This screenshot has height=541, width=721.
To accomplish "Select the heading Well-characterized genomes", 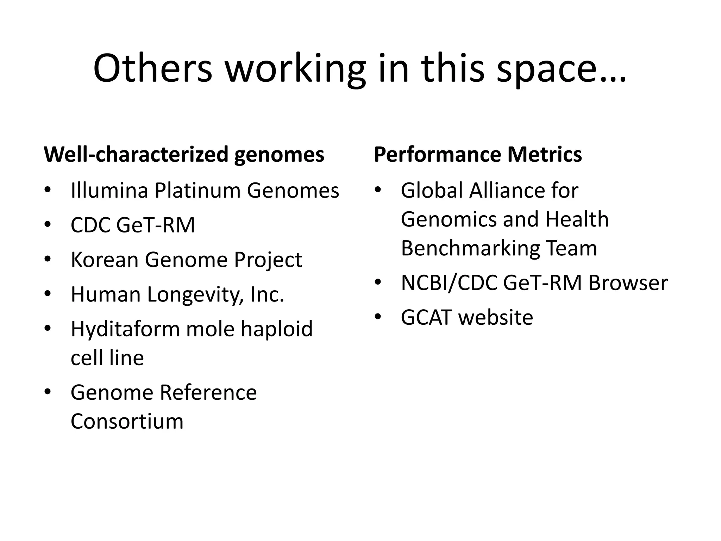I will tap(184, 154).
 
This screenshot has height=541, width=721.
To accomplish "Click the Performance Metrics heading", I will tap(478, 154).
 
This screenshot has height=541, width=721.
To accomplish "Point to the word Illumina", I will tap(109, 191).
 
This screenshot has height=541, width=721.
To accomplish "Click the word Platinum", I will tap(198, 191).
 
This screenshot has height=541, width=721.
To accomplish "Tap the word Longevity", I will tap(195, 294).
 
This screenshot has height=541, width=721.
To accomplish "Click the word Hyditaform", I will tap(125, 329).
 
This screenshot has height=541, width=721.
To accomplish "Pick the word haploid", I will tap(277, 329).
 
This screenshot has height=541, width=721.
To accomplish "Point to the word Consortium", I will tap(127, 421).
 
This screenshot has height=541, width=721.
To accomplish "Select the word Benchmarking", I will tap(470, 248).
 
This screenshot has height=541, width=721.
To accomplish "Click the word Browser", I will tap(628, 282).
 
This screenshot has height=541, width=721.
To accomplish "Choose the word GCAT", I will tap(426, 317).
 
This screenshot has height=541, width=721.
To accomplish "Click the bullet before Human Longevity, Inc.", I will tap(48, 293).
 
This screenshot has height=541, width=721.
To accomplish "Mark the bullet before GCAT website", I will tap(378, 316).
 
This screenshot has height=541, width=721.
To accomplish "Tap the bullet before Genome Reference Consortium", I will tap(48, 391).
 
